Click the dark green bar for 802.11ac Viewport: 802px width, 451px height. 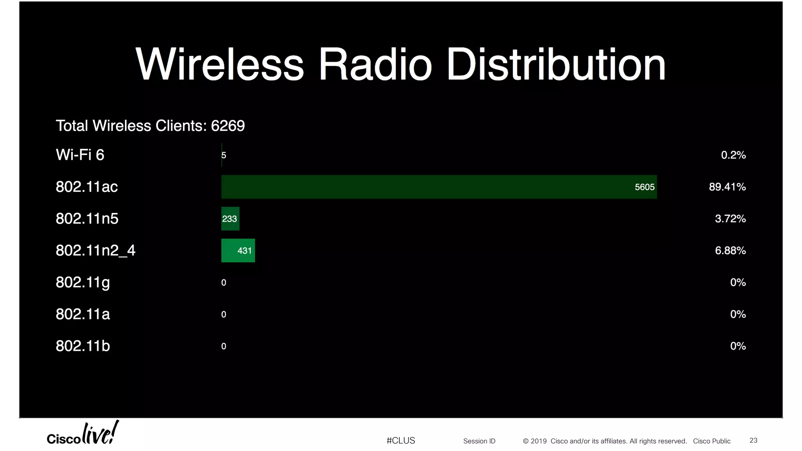point(439,187)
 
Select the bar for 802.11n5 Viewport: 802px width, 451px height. point(230,218)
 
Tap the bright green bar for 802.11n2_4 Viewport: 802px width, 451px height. point(238,251)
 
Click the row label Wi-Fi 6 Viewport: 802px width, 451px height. point(80,155)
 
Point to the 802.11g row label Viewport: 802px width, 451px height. point(83,282)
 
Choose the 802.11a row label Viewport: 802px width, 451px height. point(83,314)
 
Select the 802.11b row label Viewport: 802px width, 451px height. point(83,346)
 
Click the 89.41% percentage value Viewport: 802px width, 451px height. point(727,187)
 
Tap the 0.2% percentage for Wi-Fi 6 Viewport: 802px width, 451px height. point(733,155)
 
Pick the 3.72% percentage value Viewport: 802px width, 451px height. point(730,218)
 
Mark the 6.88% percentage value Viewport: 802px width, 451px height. point(730,251)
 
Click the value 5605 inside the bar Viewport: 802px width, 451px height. point(645,187)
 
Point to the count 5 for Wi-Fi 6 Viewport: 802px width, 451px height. point(224,155)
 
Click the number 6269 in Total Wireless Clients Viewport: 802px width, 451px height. point(228,126)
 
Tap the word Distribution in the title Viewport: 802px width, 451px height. point(556,65)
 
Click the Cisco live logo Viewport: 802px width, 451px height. point(83,434)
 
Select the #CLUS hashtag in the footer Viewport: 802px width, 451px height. point(401,441)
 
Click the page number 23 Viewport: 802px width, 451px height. point(753,440)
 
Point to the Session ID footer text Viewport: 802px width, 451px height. point(479,441)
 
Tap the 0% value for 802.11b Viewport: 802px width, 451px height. point(738,346)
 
